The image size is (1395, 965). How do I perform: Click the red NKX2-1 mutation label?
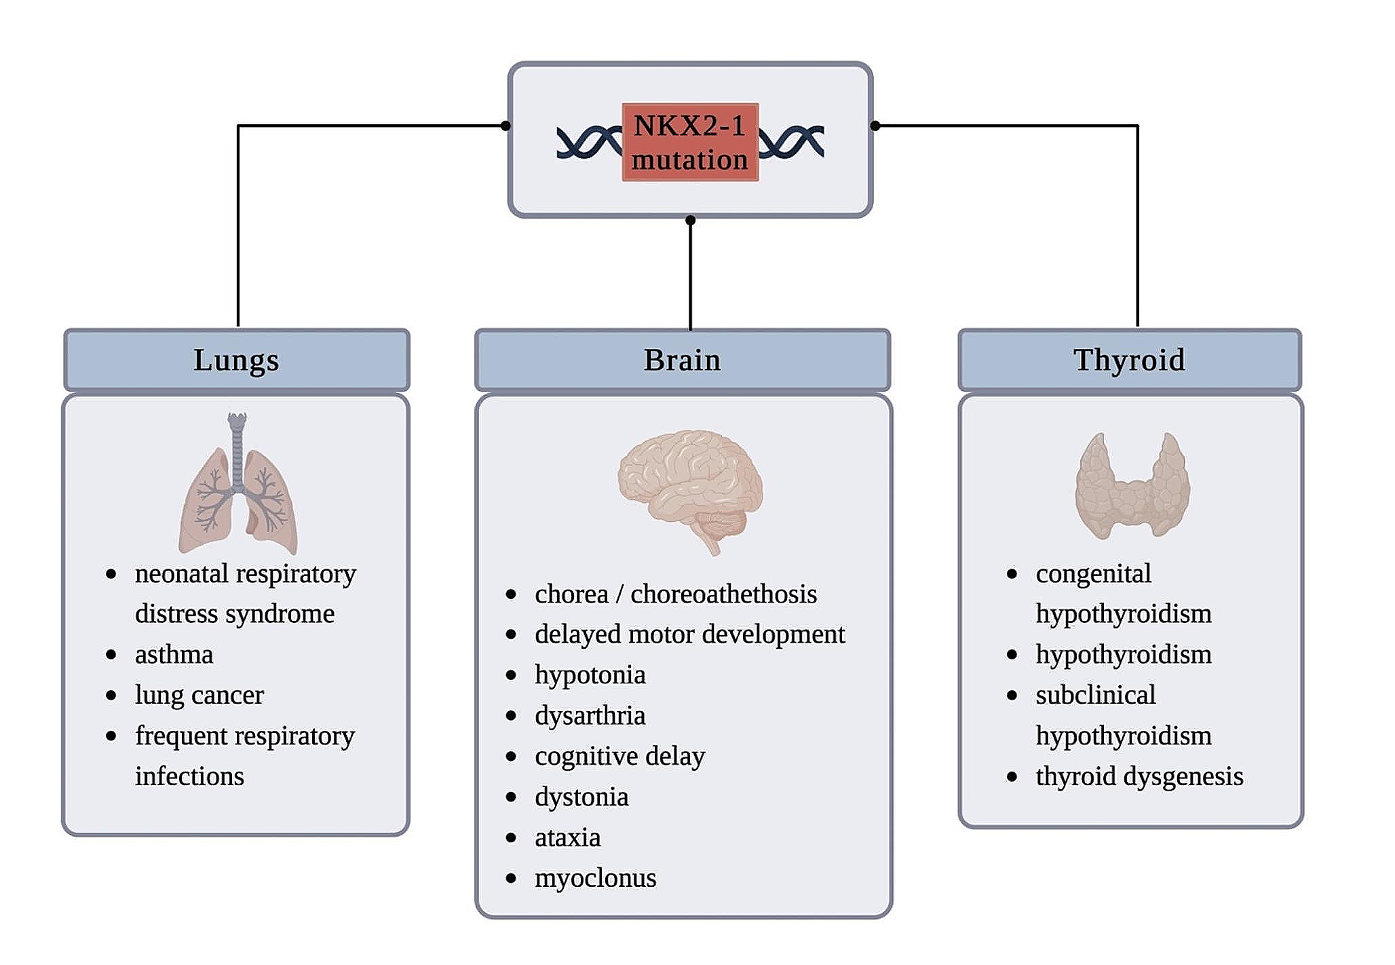pyautogui.click(x=690, y=143)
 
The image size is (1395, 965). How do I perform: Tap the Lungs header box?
pyautogui.click(x=237, y=360)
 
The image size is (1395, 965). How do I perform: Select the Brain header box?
pyautogui.click(x=683, y=360)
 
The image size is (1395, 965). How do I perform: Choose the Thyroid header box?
pyautogui.click(x=1130, y=360)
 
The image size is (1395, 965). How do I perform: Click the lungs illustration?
pyautogui.click(x=237, y=485)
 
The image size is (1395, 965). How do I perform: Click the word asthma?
pyautogui.click(x=174, y=655)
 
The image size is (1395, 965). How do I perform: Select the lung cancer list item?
pyautogui.click(x=199, y=695)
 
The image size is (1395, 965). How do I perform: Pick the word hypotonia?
pyautogui.click(x=590, y=675)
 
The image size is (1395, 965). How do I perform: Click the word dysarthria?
pyautogui.click(x=590, y=716)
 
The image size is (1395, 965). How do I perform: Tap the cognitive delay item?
pyautogui.click(x=619, y=756)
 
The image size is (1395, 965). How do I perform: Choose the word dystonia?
pyautogui.click(x=581, y=797)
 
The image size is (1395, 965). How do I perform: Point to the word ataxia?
pyautogui.click(x=567, y=837)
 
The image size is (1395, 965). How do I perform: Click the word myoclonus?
pyautogui.click(x=595, y=878)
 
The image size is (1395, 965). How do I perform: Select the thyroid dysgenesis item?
pyautogui.click(x=1139, y=776)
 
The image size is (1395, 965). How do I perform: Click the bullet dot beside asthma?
pyautogui.click(x=111, y=655)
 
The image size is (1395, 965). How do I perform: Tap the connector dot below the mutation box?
pyautogui.click(x=690, y=220)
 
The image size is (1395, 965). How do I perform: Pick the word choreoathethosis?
pyautogui.click(x=723, y=594)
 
